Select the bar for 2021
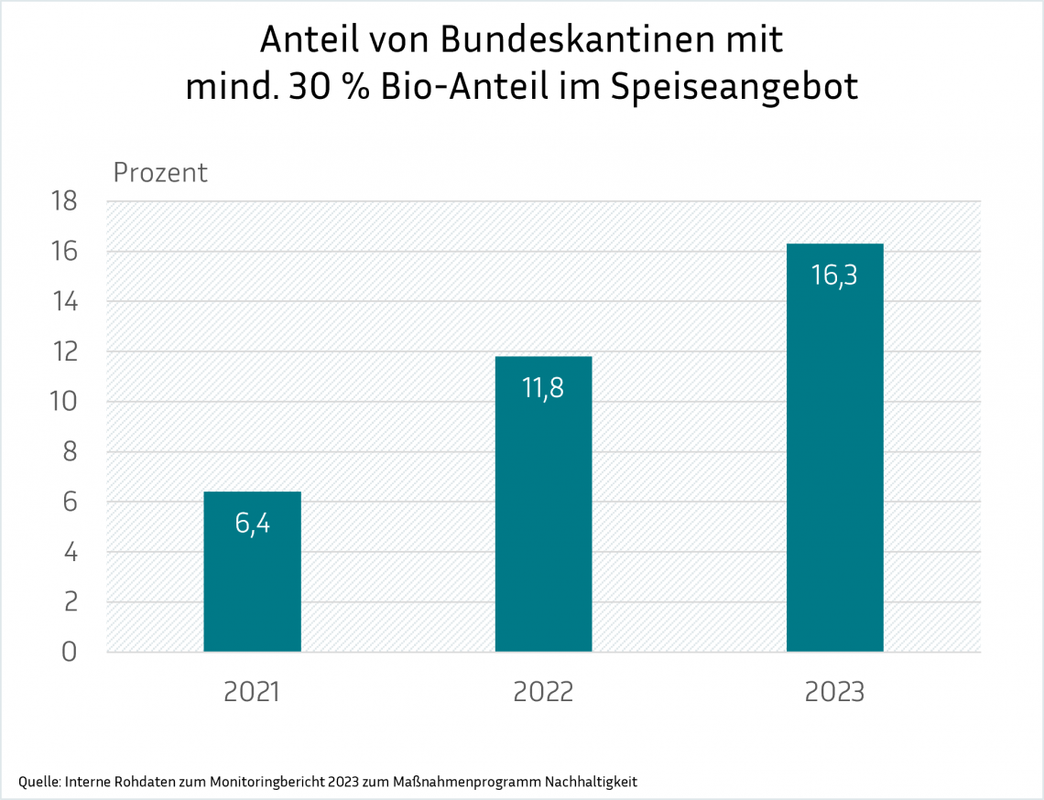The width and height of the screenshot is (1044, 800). (252, 572)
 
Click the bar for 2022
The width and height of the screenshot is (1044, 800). (543, 503)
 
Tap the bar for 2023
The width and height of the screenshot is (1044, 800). (834, 448)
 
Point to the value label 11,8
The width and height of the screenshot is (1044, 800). (543, 388)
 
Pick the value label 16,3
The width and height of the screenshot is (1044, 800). (834, 275)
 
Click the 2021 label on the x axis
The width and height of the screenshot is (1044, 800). (252, 691)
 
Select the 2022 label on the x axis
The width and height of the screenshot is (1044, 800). (543, 691)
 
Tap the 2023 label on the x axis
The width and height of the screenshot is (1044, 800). (834, 691)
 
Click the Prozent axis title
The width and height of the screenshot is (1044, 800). (160, 172)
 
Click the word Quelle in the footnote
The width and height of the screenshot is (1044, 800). (38, 782)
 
